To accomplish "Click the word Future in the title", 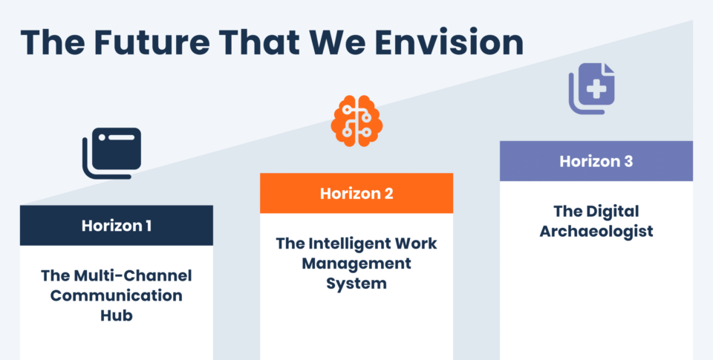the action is pos(152,42).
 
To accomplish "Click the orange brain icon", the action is pos(356,121).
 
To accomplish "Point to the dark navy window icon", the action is pos(112,153).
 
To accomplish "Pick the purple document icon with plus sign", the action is pos(592,88).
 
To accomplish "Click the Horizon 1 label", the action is pos(117,226).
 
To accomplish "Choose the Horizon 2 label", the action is pos(356,194).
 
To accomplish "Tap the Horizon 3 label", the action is pos(596,161).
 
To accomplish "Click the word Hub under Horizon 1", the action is pos(117,315).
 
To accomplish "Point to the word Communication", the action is pos(117,295).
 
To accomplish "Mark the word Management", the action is pos(356,264).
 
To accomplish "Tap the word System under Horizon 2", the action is pos(356,284).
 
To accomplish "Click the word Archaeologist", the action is pos(596,232).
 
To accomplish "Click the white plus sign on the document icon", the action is pos(596,89).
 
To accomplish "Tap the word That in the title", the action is pos(259,42).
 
